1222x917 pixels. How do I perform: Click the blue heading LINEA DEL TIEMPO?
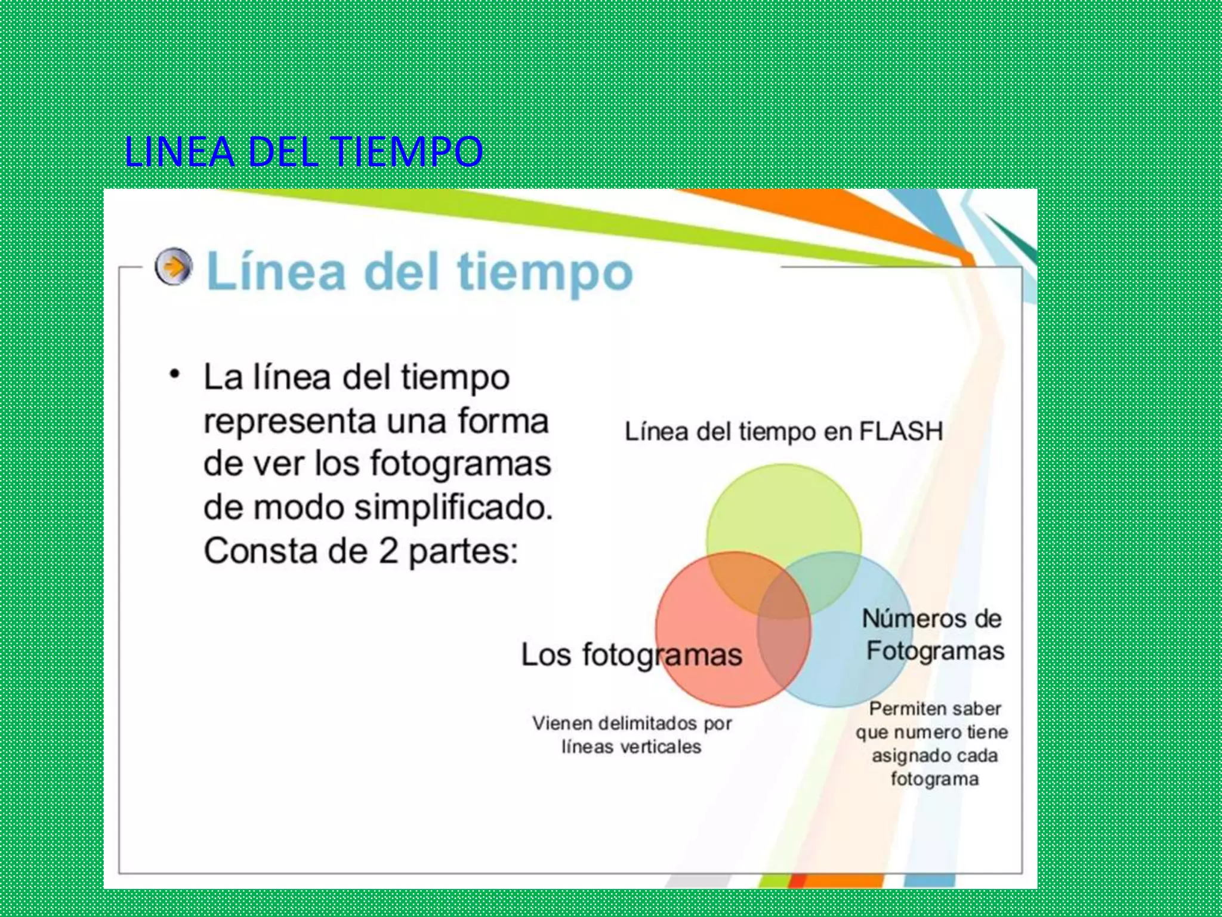click(303, 152)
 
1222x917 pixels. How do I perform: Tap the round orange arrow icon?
click(174, 266)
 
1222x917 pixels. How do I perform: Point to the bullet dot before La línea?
click(174, 375)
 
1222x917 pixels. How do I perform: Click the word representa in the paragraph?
click(292, 422)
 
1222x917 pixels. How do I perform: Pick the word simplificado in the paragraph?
click(453, 508)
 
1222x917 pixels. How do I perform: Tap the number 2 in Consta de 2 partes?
click(388, 551)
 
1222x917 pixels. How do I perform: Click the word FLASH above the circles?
click(900, 431)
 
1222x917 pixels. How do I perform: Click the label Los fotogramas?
click(631, 655)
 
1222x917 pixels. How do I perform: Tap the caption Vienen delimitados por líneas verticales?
click(631, 735)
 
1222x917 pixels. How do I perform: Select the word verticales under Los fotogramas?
click(661, 747)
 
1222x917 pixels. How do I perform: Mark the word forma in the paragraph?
click(503, 421)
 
